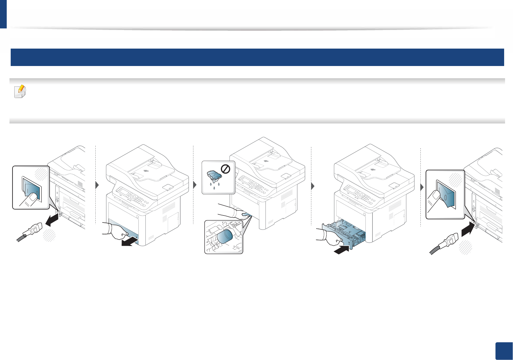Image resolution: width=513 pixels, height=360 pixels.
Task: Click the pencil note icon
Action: (x=20, y=91)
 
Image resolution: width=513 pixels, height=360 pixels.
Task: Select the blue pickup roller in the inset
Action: (x=225, y=237)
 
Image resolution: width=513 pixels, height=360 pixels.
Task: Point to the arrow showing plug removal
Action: (x=52, y=219)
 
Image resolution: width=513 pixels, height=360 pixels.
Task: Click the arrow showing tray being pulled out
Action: (x=130, y=241)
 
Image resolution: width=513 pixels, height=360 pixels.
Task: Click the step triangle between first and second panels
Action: (x=97, y=185)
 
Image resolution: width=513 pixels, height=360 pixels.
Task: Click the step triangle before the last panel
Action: (x=422, y=187)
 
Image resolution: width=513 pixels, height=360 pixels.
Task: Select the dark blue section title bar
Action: (x=257, y=57)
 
